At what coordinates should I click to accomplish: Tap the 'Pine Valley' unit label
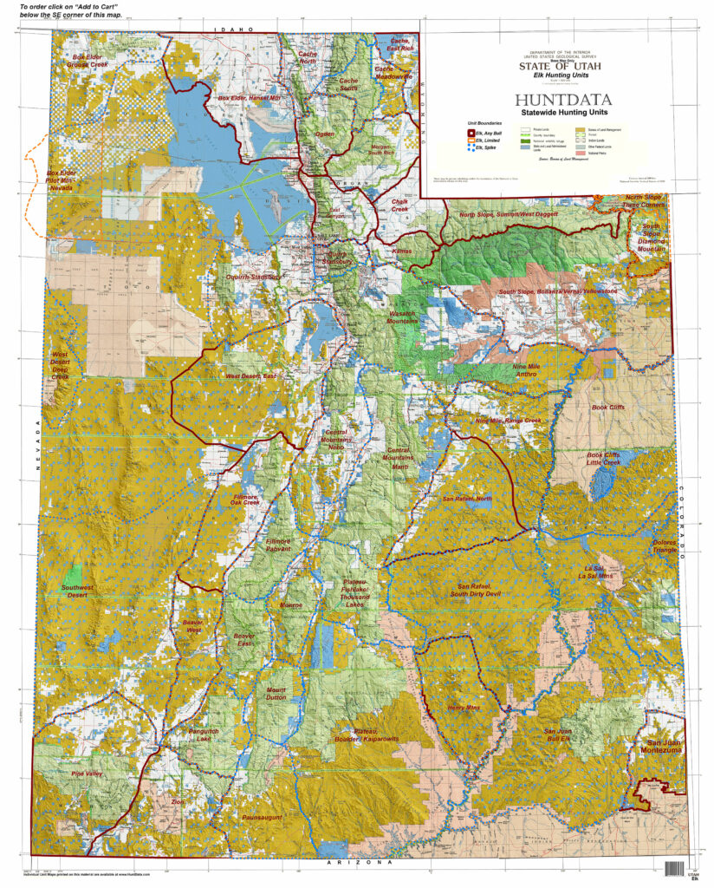87,773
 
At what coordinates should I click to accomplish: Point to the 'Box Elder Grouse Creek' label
93,61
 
